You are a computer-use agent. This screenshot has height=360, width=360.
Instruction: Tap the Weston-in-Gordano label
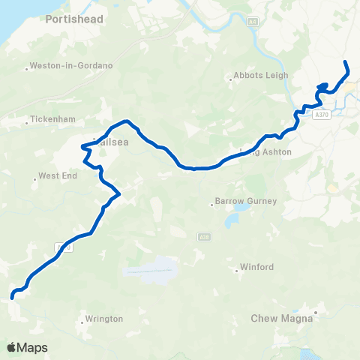pos(73,66)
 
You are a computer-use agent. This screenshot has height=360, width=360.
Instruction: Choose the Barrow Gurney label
pos(246,201)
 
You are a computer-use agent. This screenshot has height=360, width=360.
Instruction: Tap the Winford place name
pos(256,267)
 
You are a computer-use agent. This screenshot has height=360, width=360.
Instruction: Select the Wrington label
pos(104,319)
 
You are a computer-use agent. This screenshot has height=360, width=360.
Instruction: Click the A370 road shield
pos(322,114)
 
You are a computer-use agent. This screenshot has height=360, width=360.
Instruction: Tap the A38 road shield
pos(203,237)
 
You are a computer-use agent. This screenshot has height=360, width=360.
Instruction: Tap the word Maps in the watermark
pos(33,347)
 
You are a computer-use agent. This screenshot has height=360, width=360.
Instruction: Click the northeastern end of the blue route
pos(345,61)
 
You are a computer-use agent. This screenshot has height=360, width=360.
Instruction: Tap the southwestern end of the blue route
pos(13,298)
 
